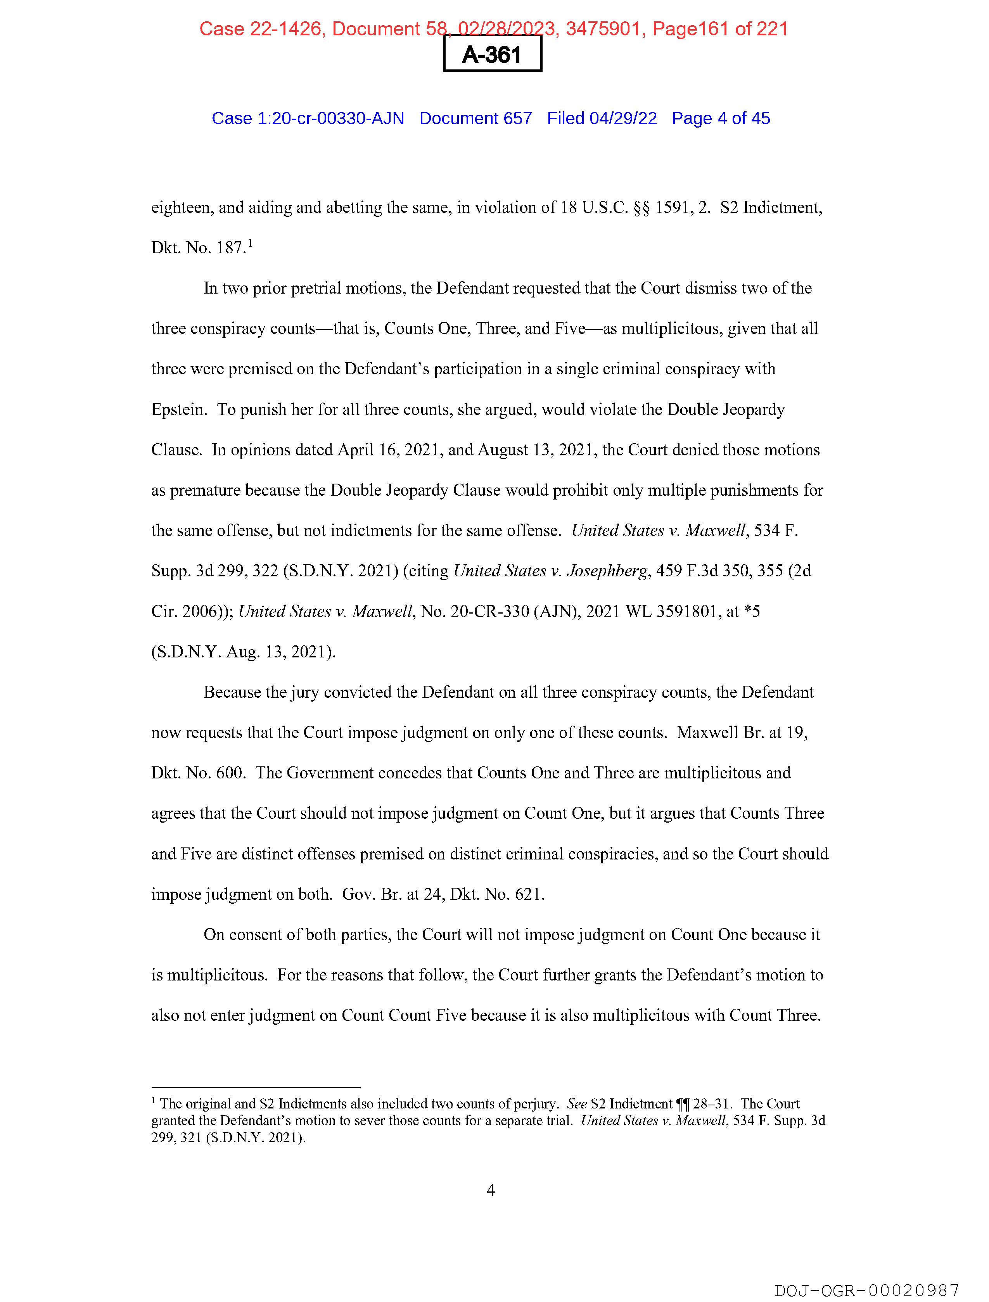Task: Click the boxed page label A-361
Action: point(492,55)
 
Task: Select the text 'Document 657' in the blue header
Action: point(475,118)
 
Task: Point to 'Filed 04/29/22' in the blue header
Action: point(602,118)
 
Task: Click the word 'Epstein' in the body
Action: point(178,410)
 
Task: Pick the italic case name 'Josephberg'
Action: point(607,571)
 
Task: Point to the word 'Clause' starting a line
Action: point(175,450)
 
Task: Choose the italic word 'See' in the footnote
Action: point(577,1104)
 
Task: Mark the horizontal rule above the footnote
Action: point(256,1088)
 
